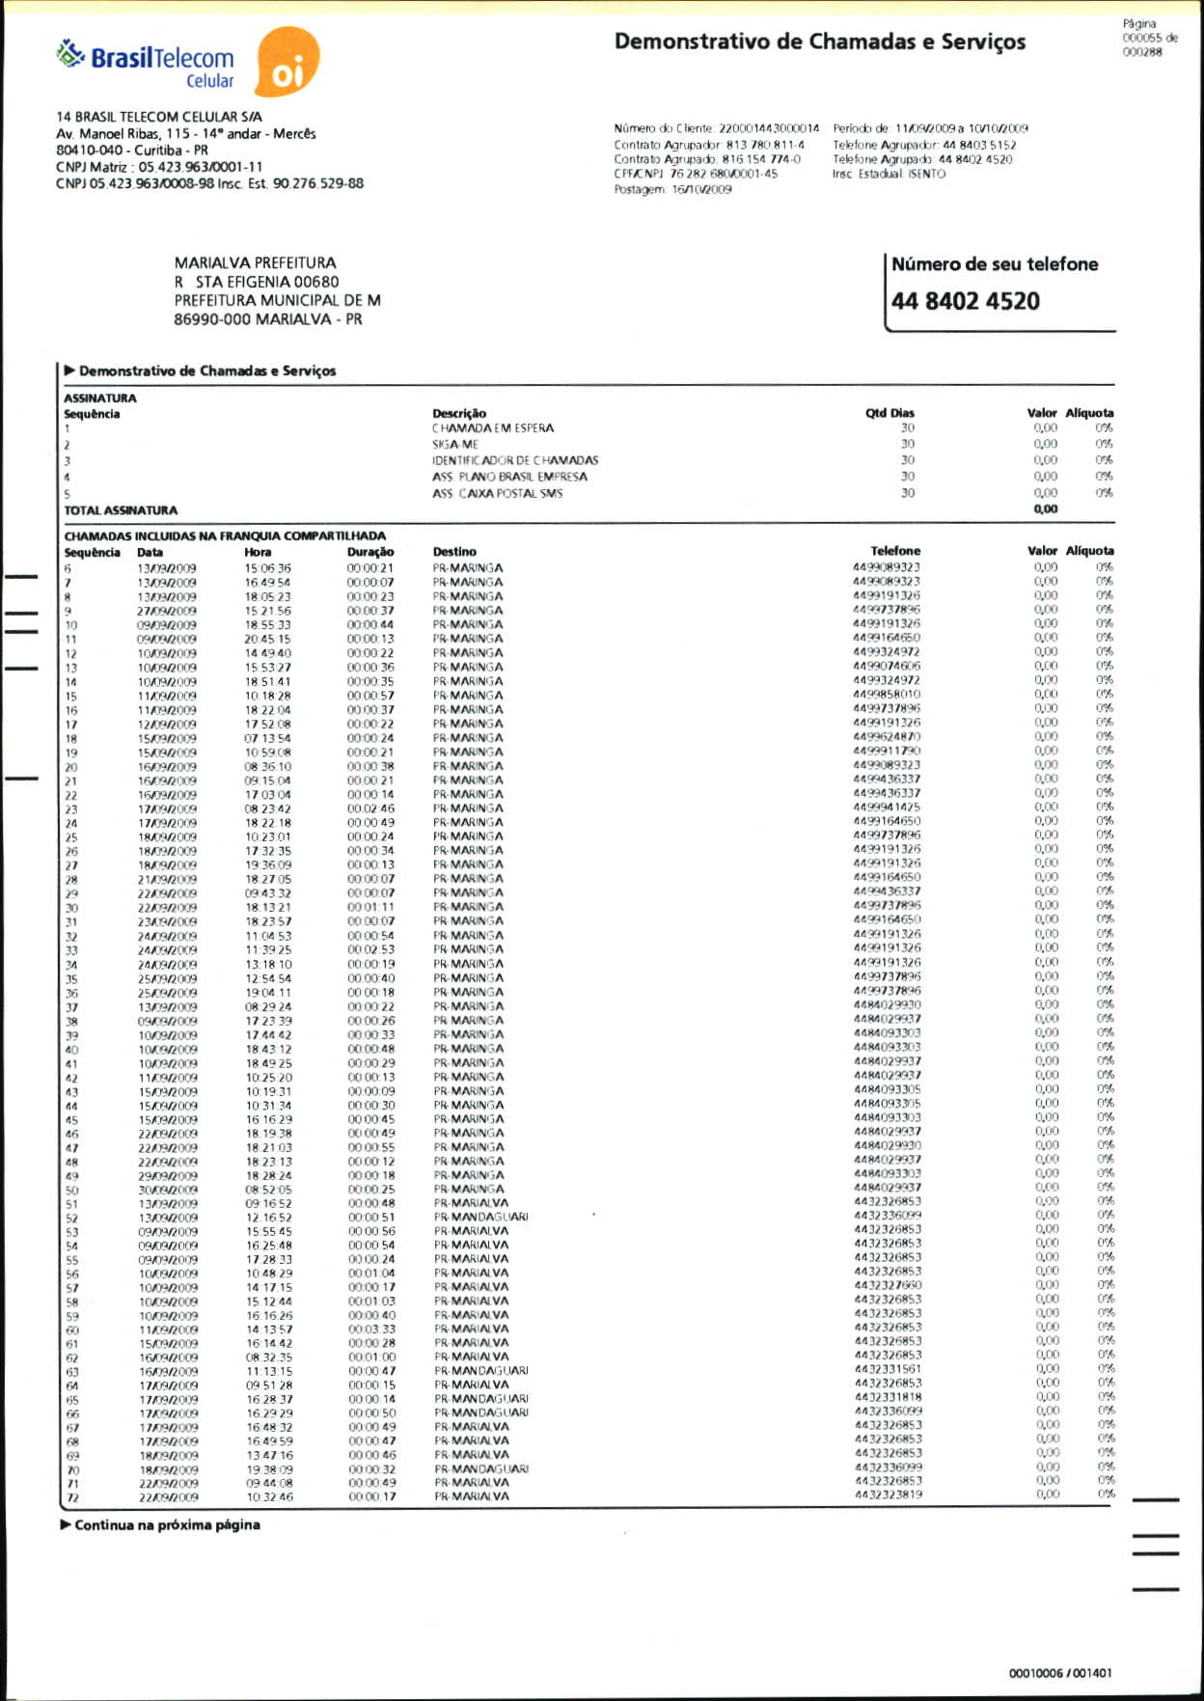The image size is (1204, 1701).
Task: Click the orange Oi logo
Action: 287,63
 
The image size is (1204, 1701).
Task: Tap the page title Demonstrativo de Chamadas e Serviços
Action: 819,41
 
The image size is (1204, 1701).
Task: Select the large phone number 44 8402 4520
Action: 965,301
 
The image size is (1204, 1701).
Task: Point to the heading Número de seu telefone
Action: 994,264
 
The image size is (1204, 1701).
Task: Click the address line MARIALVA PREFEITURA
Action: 255,262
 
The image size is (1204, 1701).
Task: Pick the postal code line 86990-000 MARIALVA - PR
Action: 267,319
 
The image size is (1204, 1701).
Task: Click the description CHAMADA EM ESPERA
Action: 492,428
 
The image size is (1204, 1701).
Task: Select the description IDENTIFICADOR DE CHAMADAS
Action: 514,460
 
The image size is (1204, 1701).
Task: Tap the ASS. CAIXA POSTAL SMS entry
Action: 497,493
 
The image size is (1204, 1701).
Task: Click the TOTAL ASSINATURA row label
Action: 121,510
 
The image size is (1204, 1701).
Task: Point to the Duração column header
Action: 370,552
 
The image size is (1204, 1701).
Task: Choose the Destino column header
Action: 454,552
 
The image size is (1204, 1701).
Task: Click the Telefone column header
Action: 894,551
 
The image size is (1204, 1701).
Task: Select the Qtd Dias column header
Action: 889,413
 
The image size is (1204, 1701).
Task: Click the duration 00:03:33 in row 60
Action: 371,1329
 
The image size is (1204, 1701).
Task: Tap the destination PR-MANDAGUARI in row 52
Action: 480,1217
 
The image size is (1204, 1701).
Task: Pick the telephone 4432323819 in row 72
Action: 888,1495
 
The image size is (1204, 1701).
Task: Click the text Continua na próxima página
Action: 167,1525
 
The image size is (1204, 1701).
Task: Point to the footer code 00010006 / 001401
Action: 1059,1673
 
